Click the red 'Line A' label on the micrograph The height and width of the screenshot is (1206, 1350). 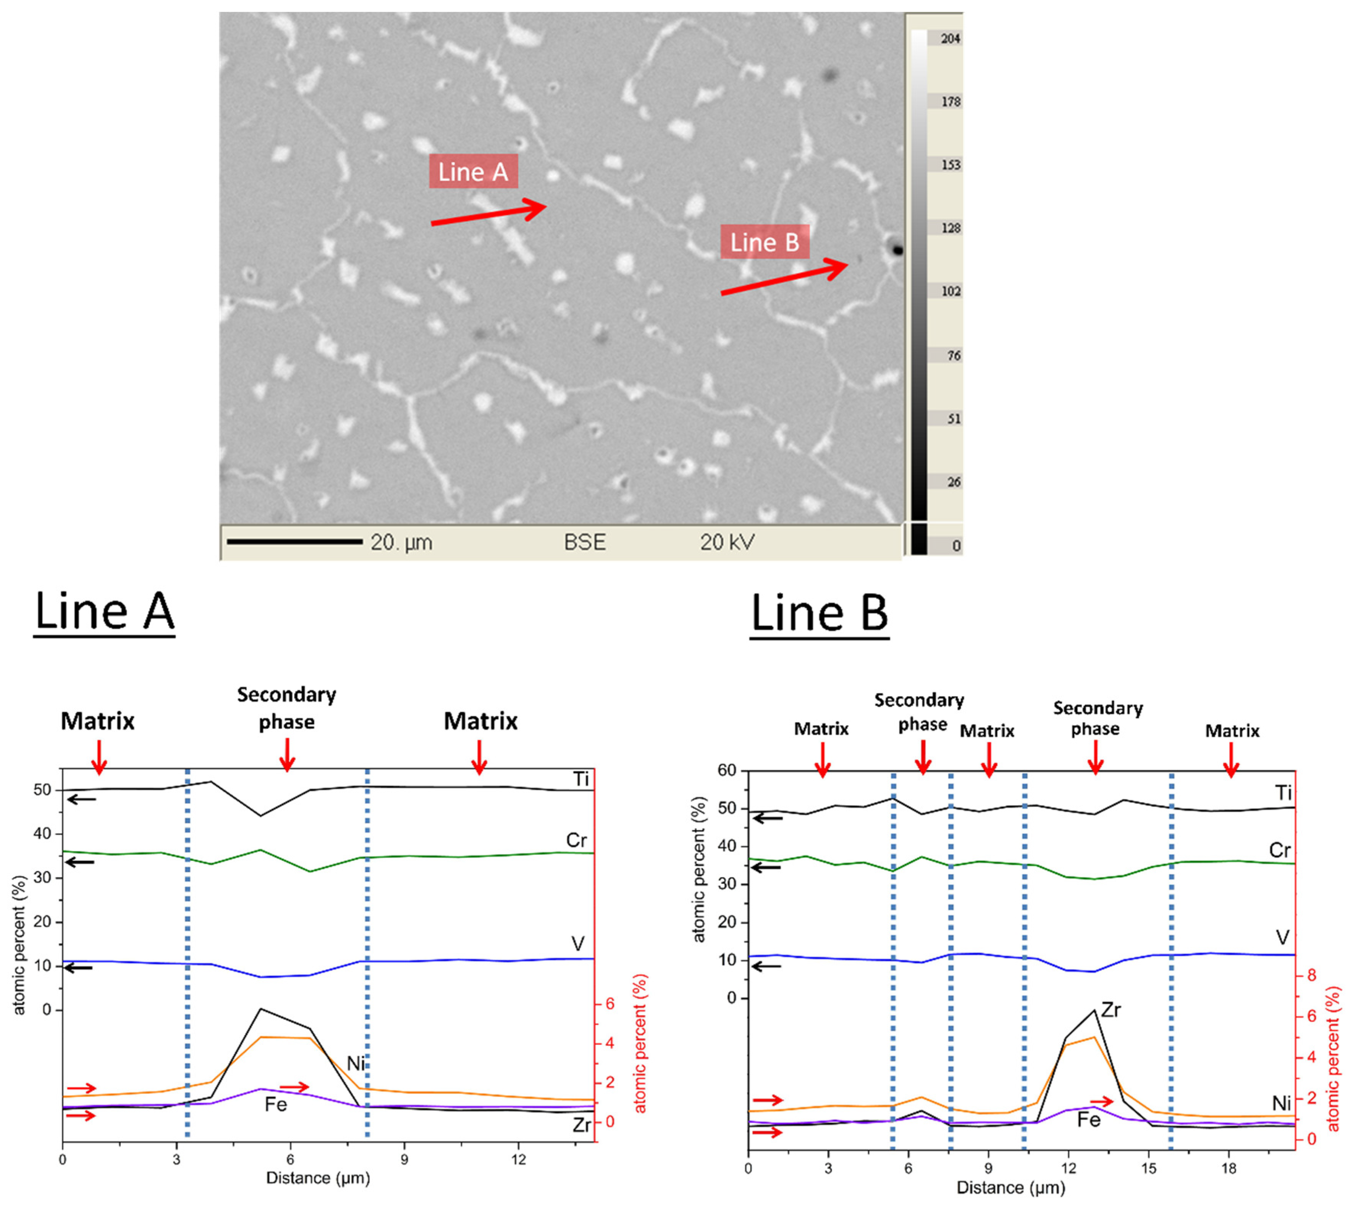click(473, 172)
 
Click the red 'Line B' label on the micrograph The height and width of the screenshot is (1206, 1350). click(765, 242)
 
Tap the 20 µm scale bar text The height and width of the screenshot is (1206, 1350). click(401, 543)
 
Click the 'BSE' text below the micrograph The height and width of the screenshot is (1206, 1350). click(584, 543)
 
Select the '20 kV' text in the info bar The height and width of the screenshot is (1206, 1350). click(728, 543)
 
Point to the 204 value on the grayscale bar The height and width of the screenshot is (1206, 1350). click(950, 39)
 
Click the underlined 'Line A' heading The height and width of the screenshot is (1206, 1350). click(104, 612)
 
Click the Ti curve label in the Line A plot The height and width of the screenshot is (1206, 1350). click(581, 779)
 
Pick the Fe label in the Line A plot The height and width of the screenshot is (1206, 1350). click(275, 1104)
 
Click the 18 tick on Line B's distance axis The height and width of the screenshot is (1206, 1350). click(1229, 1168)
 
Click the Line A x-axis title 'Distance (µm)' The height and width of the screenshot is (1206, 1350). click(318, 1177)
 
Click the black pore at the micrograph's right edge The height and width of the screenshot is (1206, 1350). click(897, 250)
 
